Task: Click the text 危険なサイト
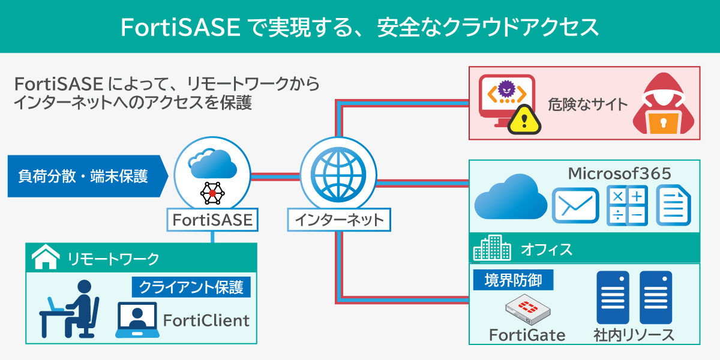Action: click(587, 104)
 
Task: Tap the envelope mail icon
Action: click(575, 206)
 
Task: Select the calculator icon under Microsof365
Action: click(627, 206)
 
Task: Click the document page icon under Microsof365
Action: click(674, 206)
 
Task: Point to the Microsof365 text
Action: click(619, 174)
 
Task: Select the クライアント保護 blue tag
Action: click(191, 287)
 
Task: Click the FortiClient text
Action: click(206, 320)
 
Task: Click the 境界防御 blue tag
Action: click(512, 280)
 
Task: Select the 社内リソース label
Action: click(634, 335)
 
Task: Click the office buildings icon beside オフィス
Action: click(491, 248)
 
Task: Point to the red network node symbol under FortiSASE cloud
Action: click(212, 193)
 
